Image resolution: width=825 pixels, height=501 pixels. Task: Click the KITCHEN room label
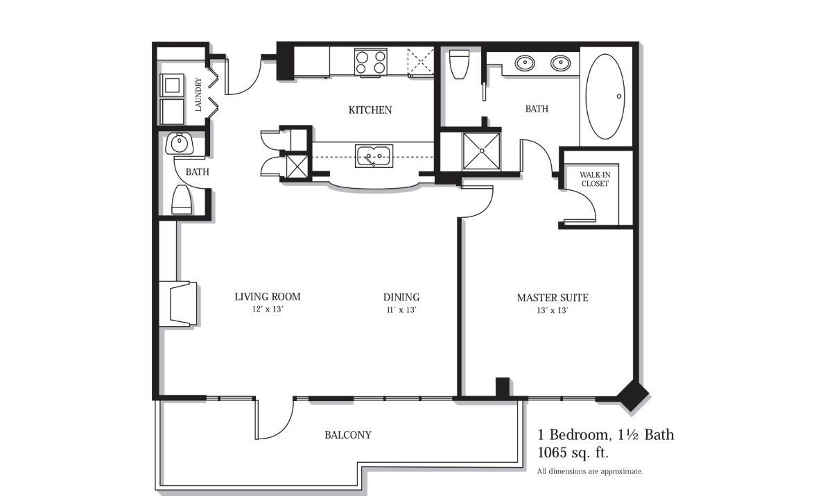(x=370, y=110)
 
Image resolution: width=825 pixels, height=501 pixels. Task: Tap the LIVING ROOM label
(x=268, y=296)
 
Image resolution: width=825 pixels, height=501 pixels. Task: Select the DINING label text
(x=401, y=297)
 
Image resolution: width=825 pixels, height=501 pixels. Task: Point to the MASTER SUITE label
(x=553, y=298)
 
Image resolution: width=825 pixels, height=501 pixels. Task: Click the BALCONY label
(x=348, y=435)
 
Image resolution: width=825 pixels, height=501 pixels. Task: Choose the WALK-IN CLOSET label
(x=595, y=179)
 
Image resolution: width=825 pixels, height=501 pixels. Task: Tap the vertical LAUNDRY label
(x=198, y=95)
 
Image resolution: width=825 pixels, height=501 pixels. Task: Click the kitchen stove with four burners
(x=370, y=62)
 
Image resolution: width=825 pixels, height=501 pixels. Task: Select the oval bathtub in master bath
(x=605, y=96)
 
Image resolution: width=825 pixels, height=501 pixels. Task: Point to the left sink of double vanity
(x=525, y=63)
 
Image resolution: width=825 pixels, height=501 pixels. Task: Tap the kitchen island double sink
(x=374, y=156)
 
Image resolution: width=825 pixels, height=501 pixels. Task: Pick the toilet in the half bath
(x=182, y=200)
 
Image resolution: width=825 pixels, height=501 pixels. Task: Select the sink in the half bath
(x=180, y=144)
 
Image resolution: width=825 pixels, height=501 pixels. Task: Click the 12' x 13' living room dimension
(x=268, y=309)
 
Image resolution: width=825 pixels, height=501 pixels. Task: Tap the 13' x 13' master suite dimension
(x=553, y=310)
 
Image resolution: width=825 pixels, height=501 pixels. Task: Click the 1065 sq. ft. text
(x=573, y=452)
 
